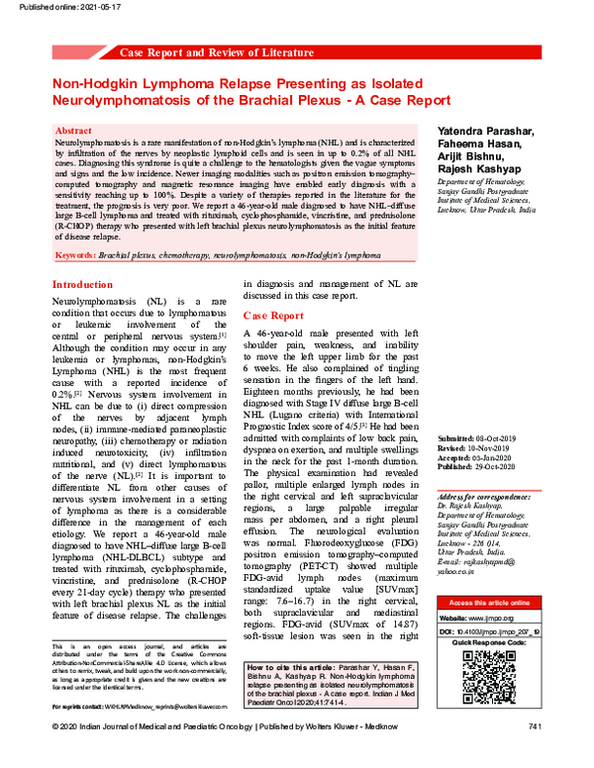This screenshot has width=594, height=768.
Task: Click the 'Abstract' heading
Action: point(75,131)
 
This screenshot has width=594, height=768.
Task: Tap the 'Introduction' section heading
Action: point(85,285)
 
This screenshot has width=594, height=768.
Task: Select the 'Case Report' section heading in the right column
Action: point(273,316)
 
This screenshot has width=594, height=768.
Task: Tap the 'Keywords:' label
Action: point(75,255)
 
